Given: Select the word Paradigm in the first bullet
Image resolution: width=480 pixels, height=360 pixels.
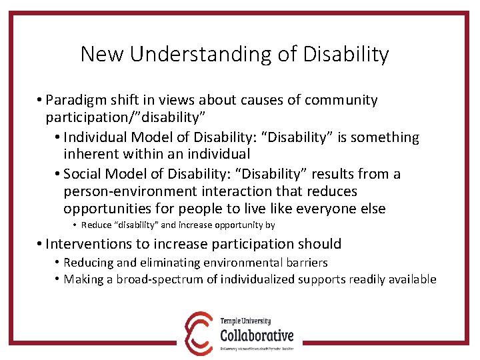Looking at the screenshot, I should click(x=78, y=101).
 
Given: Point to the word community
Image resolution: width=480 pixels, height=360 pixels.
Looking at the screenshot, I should click(x=341, y=101).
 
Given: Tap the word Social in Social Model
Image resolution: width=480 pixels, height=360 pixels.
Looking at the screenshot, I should click(x=85, y=175).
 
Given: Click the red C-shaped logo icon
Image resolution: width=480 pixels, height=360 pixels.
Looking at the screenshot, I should click(x=198, y=331).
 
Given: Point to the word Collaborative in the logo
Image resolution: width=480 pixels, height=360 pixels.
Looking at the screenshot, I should click(x=257, y=334).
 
